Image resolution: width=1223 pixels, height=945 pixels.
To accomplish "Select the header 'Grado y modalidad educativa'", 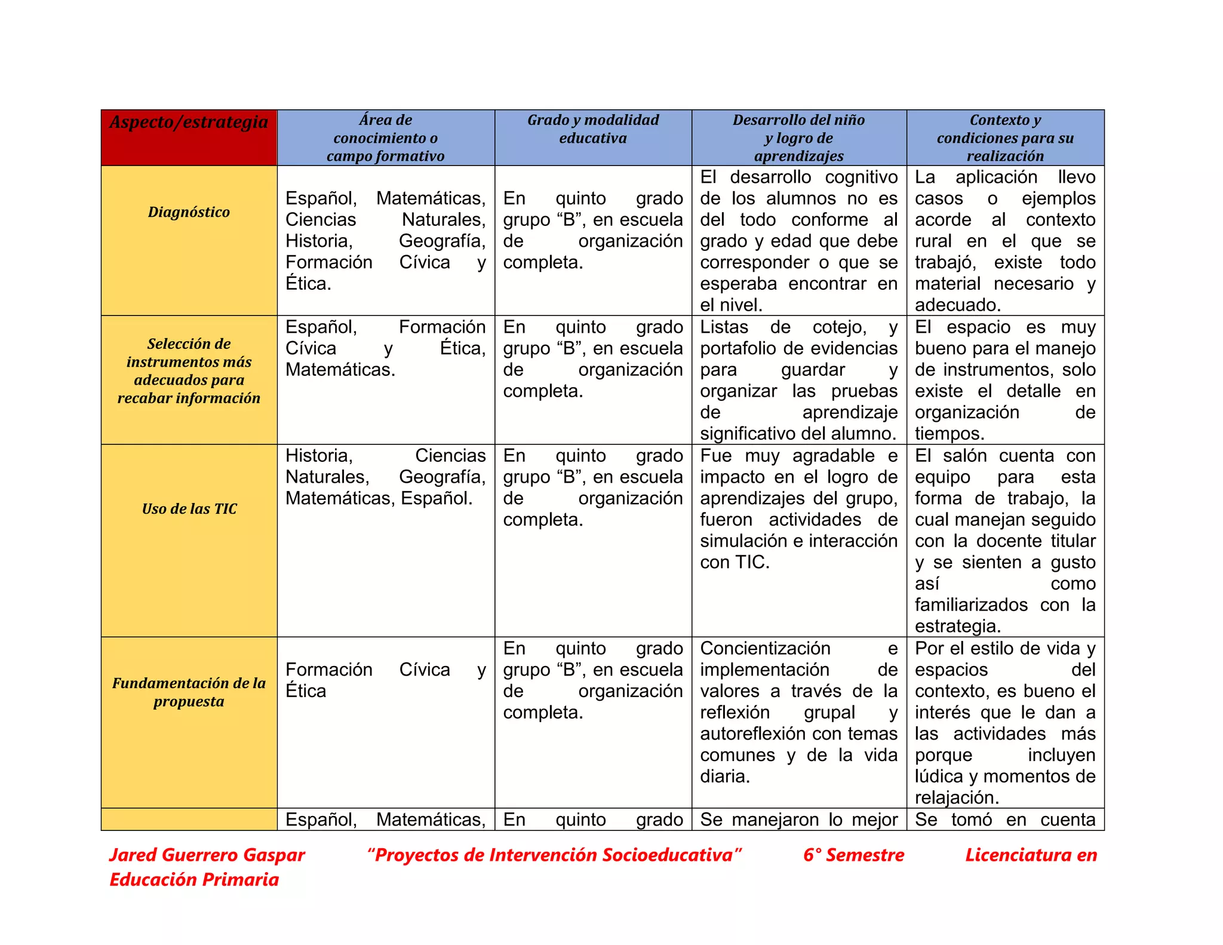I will [x=593, y=129].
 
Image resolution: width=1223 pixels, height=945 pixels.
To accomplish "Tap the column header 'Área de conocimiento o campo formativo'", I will [x=386, y=138].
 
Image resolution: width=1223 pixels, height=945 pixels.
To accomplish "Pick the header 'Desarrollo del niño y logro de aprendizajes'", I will [x=798, y=138].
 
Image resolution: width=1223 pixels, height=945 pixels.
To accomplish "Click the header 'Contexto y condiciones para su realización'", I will [x=1005, y=138].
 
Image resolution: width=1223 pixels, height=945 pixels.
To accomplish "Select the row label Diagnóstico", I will [x=189, y=212].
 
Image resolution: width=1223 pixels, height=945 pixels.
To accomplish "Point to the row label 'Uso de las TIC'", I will [x=189, y=509].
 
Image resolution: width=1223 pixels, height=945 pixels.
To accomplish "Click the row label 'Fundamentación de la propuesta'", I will [x=189, y=692].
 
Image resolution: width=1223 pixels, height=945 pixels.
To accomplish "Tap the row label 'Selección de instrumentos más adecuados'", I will [x=189, y=370].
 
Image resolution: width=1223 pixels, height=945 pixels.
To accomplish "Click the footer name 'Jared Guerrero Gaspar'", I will [x=207, y=855].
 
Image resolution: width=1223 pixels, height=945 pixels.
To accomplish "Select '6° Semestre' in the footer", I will [x=853, y=855].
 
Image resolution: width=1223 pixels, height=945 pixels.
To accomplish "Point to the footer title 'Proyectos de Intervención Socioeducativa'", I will [x=554, y=855].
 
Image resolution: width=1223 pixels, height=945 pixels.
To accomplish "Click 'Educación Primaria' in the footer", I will [x=194, y=879].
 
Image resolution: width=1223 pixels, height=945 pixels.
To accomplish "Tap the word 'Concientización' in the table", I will [x=765, y=648].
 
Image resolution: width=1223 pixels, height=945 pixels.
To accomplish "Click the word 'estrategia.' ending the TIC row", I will [x=958, y=626].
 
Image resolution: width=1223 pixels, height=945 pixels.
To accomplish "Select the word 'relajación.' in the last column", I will [x=957, y=797].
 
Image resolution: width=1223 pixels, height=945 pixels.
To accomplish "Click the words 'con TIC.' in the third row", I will [x=735, y=562].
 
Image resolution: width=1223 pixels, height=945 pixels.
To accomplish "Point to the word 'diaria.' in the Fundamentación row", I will [x=725, y=776].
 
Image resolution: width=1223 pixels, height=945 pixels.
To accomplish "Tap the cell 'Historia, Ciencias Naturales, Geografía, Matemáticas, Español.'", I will [x=386, y=477].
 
